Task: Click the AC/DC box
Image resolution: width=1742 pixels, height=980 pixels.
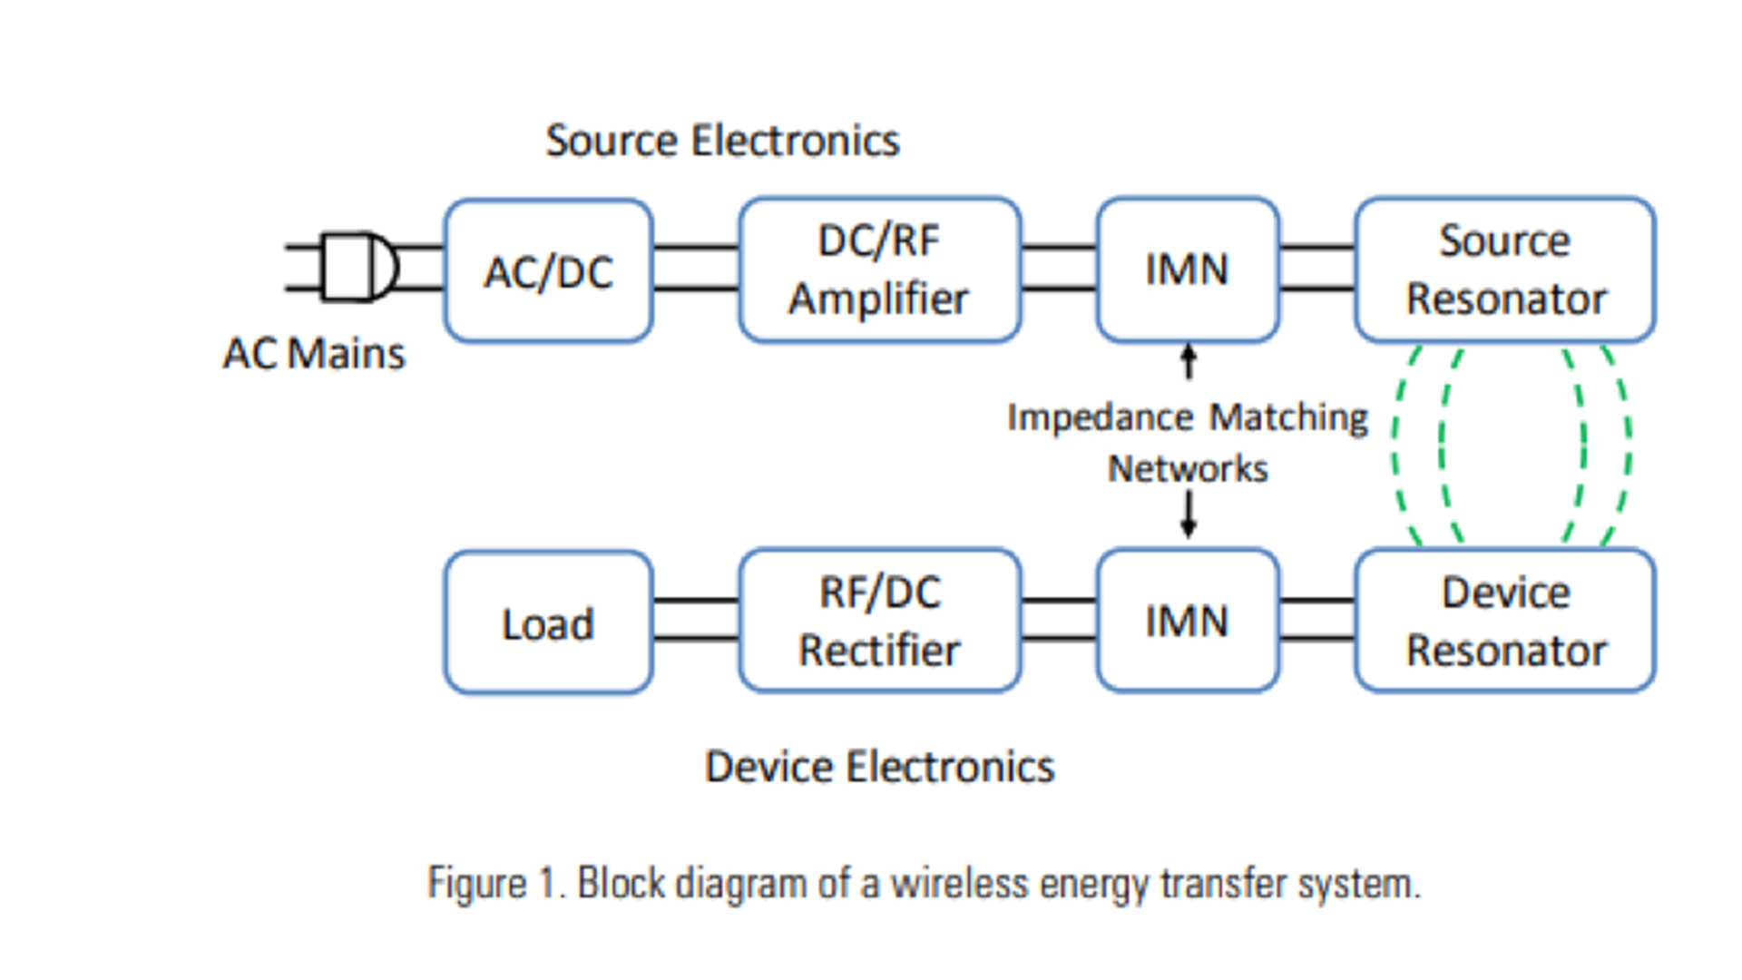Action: click(x=548, y=270)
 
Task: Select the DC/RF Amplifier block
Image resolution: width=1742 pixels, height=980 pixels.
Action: click(x=879, y=270)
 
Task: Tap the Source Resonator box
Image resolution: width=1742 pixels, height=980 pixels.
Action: click(x=1504, y=270)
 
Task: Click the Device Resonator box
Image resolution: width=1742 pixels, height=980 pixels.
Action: click(x=1504, y=622)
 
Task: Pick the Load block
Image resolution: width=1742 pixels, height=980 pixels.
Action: click(x=548, y=623)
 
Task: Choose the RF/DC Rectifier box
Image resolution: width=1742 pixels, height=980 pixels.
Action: click(x=879, y=622)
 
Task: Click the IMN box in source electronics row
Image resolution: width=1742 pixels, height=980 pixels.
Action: click(x=1187, y=270)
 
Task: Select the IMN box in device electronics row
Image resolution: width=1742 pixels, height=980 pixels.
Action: click(x=1187, y=622)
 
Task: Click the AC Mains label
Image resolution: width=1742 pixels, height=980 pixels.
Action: click(x=314, y=354)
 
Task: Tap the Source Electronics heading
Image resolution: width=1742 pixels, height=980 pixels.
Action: click(x=722, y=142)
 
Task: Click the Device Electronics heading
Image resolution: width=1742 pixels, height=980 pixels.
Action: click(x=879, y=768)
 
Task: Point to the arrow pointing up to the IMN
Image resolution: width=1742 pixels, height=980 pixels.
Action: click(x=1188, y=361)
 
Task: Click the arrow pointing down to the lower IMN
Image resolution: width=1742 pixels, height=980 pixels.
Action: click(x=1188, y=515)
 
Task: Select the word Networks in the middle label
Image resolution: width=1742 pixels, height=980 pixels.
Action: click(x=1187, y=469)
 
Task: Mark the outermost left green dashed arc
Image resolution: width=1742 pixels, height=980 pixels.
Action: click(x=1397, y=445)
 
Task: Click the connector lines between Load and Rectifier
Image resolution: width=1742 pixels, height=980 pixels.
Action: click(x=696, y=620)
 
